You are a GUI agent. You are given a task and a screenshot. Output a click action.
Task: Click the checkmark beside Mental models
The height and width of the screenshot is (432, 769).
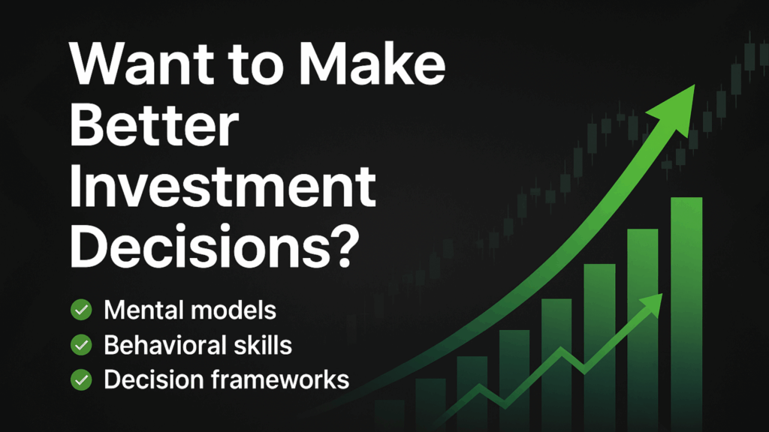pos(80,310)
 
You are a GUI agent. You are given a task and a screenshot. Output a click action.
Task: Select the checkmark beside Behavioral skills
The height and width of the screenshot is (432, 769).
pos(80,345)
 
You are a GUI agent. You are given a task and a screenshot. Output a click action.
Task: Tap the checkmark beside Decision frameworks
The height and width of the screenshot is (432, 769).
pos(80,380)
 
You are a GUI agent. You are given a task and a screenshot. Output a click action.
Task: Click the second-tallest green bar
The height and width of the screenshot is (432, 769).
pos(642,330)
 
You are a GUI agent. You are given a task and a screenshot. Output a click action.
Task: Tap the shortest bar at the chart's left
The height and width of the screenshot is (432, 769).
pos(389,415)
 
